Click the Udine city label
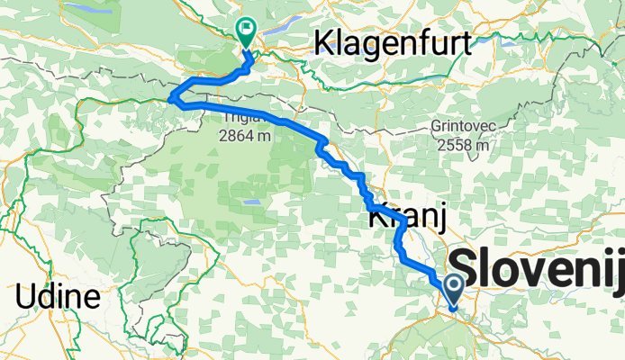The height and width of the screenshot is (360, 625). coord(57,297)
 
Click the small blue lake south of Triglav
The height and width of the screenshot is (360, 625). coord(252,202)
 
